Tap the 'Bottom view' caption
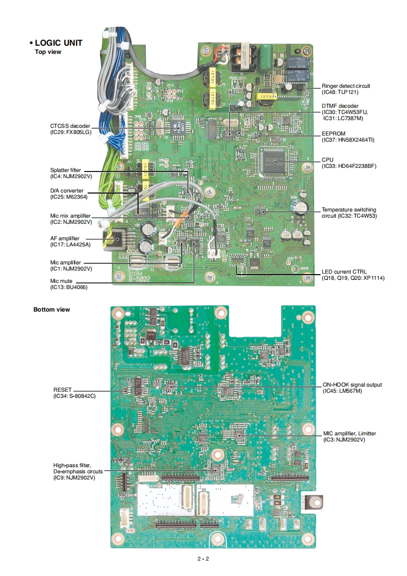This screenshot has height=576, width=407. [51, 310]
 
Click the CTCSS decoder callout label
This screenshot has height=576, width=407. [70, 129]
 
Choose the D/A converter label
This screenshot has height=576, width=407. [67, 194]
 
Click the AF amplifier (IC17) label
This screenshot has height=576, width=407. [67, 241]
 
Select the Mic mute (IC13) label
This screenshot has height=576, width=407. [68, 284]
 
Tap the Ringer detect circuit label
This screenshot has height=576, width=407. [345, 89]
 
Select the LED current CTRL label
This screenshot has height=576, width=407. [353, 275]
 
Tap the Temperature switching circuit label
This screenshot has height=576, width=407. [348, 213]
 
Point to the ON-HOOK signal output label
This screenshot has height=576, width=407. [352, 388]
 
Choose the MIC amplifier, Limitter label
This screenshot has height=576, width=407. [349, 436]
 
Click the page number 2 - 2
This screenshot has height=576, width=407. [203, 559]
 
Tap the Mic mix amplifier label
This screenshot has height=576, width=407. [71, 219]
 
